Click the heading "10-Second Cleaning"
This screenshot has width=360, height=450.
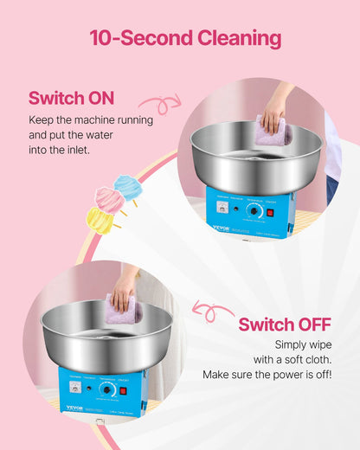(x=184, y=38)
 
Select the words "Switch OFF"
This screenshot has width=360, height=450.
(x=285, y=325)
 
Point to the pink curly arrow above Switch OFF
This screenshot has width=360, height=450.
(x=213, y=310)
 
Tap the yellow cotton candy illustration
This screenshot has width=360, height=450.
(x=100, y=220)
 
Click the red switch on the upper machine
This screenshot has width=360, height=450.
(x=270, y=212)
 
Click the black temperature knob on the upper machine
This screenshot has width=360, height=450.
(x=254, y=210)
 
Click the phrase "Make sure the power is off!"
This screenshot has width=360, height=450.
(x=267, y=375)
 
